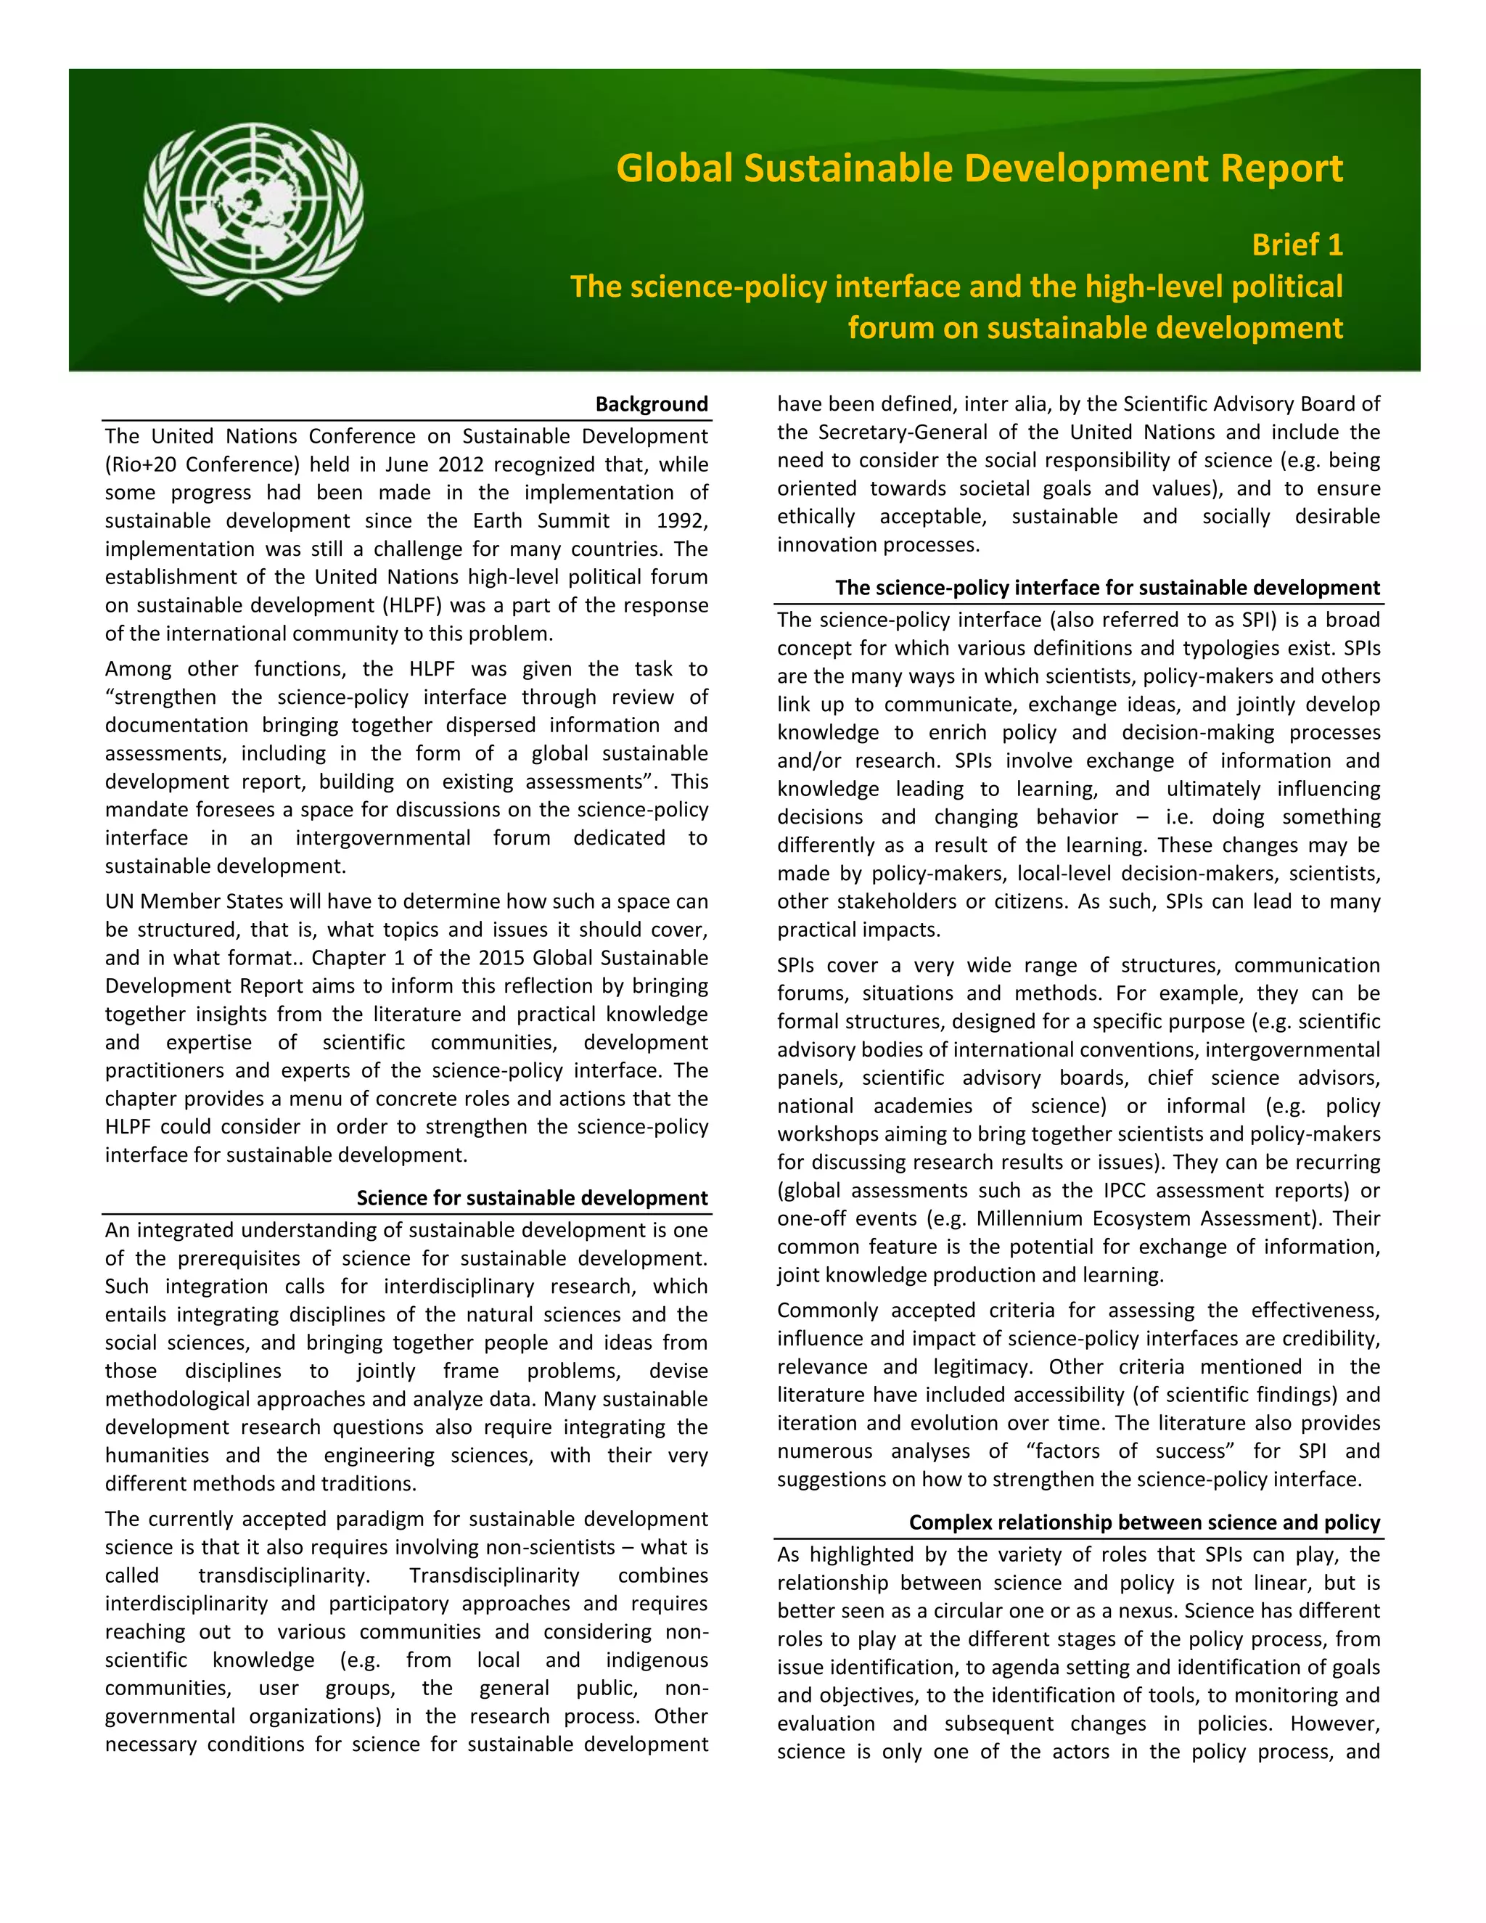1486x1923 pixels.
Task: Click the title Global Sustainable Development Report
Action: (979, 168)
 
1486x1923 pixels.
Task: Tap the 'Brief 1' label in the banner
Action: (1297, 245)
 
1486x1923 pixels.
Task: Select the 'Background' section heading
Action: (652, 404)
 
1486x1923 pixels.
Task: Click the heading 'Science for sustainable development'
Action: (532, 1197)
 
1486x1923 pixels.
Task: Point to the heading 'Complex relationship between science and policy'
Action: (1144, 1522)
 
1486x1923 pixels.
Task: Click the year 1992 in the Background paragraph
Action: (682, 520)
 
